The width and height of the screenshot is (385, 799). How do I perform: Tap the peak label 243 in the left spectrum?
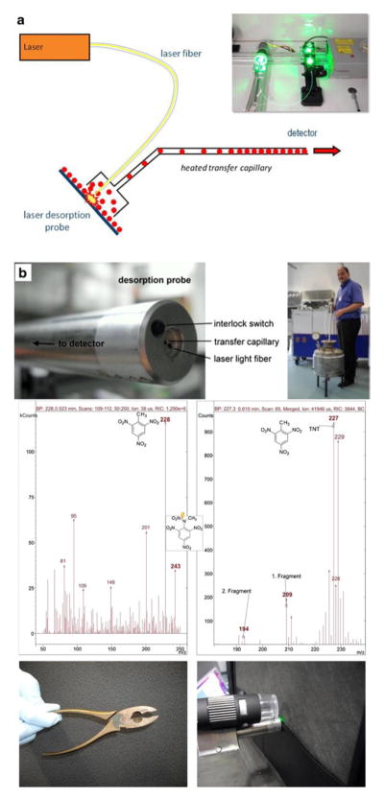click(x=176, y=566)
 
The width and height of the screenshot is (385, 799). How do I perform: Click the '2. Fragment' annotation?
click(x=236, y=591)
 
